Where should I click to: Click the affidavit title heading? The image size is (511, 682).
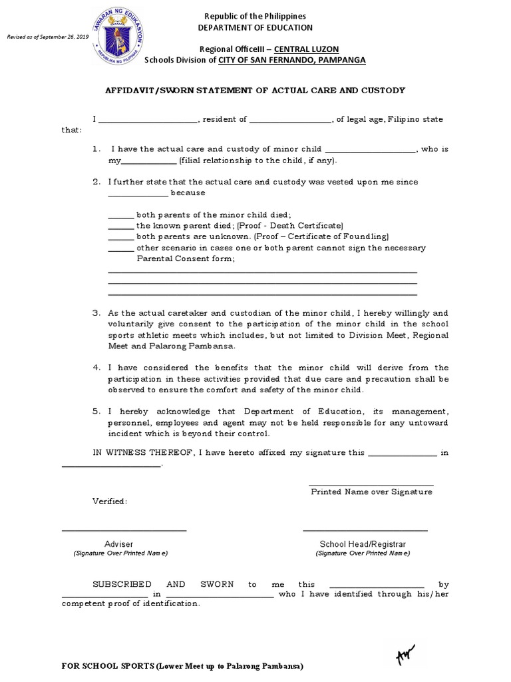point(255,91)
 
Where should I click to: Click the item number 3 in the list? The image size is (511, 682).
point(96,313)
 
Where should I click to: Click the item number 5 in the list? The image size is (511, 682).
point(96,412)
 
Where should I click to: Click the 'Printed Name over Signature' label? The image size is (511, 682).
point(371,492)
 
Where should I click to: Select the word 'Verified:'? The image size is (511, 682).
point(109,501)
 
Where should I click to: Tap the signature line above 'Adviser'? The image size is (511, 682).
point(124,530)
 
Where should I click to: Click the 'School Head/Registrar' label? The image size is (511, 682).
point(363,544)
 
